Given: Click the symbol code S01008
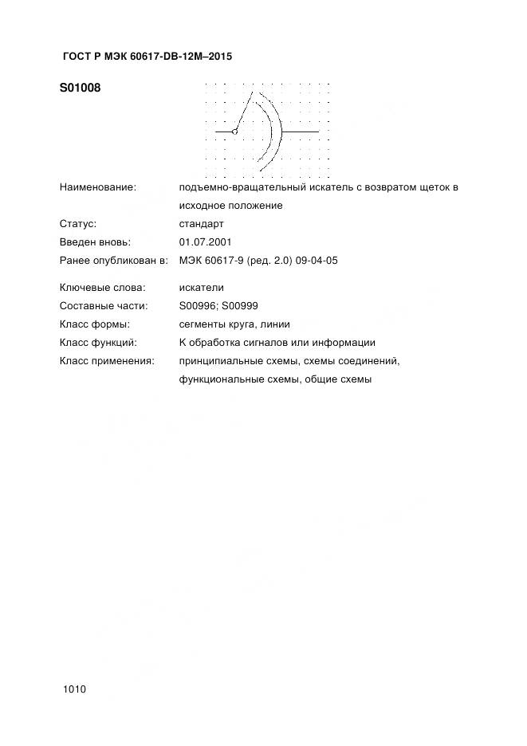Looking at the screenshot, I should point(80,88).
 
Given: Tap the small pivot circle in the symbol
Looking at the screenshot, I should point(234,132).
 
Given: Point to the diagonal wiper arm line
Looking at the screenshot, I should point(243,112).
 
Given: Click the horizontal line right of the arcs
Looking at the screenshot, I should point(301,132).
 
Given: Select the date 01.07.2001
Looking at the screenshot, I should point(206,241).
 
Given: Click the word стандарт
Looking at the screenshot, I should point(203,224).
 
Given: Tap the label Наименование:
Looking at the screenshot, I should point(98,187).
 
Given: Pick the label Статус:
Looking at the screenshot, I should point(78,224).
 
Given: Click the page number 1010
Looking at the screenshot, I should point(73,689).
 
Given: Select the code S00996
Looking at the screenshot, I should point(198,306).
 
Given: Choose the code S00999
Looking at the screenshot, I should point(240,306).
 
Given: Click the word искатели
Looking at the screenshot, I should point(203,288).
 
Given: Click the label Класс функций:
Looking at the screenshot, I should point(98,343).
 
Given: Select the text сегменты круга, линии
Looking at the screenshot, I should point(235,324).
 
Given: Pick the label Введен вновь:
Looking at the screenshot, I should point(95,241).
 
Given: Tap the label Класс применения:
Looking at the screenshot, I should point(106,361).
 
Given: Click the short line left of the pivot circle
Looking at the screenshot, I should point(223,132).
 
